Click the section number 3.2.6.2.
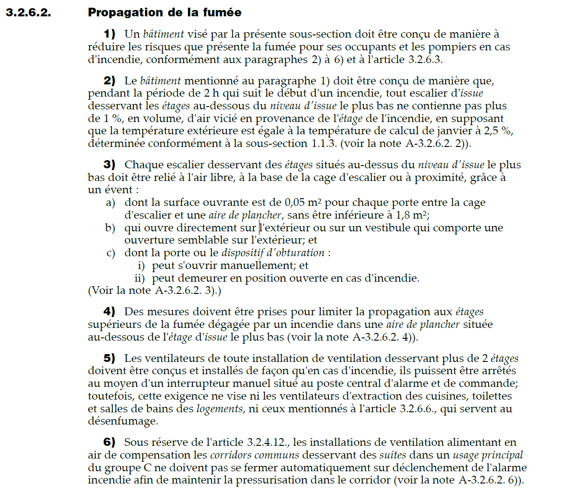point(28,12)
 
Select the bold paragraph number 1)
point(109,34)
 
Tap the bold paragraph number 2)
point(109,81)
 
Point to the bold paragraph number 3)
point(109,165)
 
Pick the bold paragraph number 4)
point(109,312)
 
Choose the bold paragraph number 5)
point(109,358)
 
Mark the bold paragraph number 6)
point(109,442)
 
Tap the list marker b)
point(110,228)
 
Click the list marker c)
point(110,253)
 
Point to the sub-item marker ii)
point(140,278)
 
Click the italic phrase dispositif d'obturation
point(273,253)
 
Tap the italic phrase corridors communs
point(254,455)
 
